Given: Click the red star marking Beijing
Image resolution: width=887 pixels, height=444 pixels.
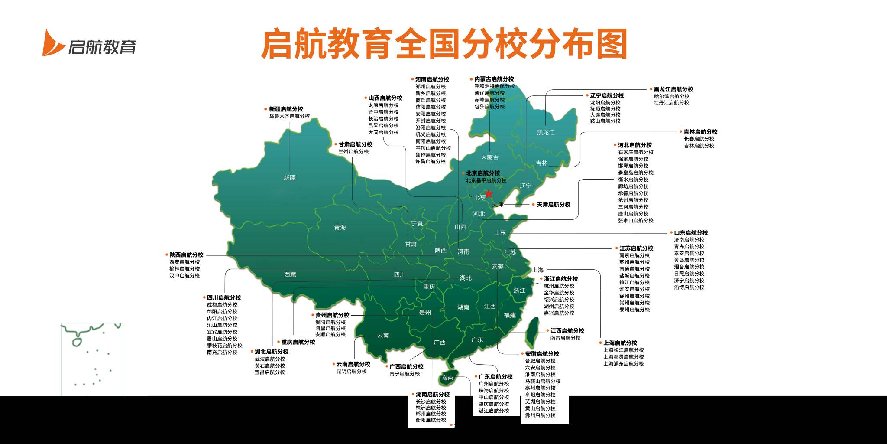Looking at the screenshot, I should tap(489, 193).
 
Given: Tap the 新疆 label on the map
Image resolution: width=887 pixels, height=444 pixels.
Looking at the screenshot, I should tap(289, 178).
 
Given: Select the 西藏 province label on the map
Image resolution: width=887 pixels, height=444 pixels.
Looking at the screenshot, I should tap(290, 274).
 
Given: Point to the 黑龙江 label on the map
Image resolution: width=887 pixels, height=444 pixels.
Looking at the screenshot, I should tap(546, 132).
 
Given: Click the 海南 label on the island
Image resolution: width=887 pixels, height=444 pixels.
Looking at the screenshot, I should tap(447, 378).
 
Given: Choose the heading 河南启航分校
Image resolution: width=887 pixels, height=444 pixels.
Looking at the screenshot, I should tap(432, 79).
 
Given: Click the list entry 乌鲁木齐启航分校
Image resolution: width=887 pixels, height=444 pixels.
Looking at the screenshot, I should tap(289, 116).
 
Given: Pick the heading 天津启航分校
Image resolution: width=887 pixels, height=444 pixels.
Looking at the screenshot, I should tap(553, 205).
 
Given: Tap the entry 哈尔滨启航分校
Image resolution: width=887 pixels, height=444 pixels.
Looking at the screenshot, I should tap(671, 96).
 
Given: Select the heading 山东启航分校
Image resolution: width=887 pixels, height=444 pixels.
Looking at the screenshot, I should tap(691, 233).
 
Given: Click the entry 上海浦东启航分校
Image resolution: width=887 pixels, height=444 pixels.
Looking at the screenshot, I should tap(624, 364).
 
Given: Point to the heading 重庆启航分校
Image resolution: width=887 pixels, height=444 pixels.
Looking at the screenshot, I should tap(298, 342).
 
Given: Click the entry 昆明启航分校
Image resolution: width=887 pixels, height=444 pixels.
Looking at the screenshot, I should tap(351, 372).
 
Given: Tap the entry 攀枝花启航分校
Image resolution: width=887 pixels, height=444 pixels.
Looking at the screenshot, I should tap(224, 346).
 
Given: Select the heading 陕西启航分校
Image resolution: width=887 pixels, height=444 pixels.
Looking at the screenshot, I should tap(186, 255).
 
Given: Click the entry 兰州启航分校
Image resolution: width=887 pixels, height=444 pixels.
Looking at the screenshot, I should tap(353, 152).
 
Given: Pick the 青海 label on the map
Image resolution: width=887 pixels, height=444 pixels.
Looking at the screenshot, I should tap(340, 227).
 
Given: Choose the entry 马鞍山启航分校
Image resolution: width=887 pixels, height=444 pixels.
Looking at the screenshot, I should tap(543, 381).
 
